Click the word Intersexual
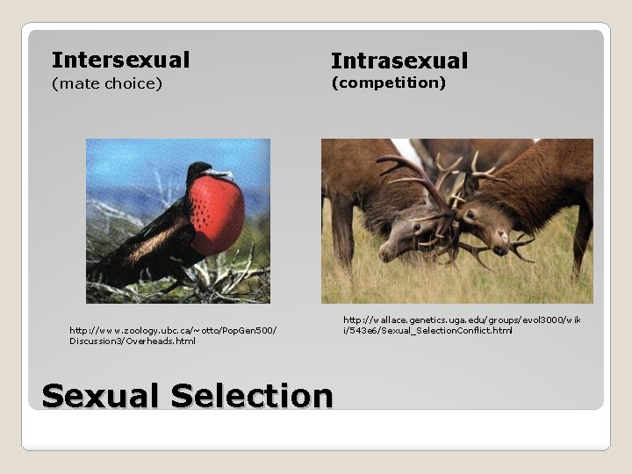(120, 60)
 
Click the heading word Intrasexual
(399, 61)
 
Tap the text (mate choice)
(106, 84)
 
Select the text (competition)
(388, 83)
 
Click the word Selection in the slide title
(252, 396)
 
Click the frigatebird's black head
(200, 170)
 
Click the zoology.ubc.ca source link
(173, 330)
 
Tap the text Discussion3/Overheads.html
(133, 341)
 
